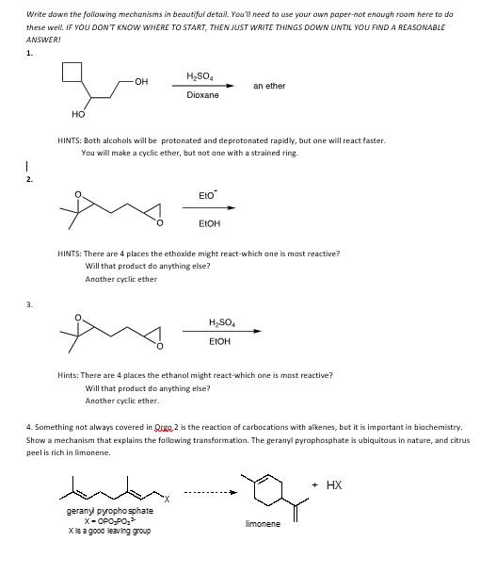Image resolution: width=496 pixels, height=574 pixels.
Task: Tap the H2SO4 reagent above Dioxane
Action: pos(200,76)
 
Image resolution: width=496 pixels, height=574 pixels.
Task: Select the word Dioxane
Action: pos(202,95)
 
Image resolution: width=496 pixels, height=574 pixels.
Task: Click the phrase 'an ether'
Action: pos(269,86)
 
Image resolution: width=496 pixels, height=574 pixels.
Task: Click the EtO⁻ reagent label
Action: pos(208,195)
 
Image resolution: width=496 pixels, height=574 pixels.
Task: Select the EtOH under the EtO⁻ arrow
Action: pos(209,224)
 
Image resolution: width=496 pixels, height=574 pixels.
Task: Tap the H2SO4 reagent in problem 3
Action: pos(222,322)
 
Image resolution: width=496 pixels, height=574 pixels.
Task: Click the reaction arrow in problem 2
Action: pos(216,208)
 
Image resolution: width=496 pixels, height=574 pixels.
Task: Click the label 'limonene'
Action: pos(263,524)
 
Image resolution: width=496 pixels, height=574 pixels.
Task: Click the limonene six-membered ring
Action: pos(260,486)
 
